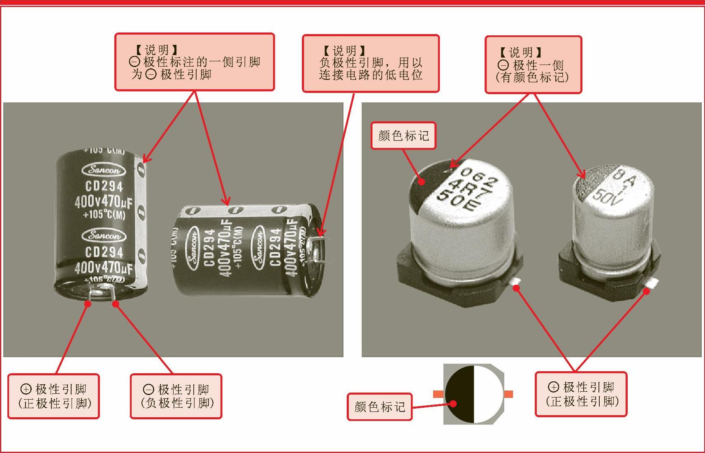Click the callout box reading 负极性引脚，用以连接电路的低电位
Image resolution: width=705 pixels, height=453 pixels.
click(371, 63)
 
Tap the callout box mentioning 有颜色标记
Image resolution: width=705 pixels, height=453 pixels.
click(533, 65)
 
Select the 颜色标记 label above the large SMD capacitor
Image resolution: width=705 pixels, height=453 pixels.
click(403, 135)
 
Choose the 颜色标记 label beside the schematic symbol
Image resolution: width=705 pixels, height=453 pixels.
click(379, 407)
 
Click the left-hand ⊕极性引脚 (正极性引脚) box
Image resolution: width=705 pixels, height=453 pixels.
click(53, 396)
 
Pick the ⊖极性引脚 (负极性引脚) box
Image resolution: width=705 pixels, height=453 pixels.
click(176, 396)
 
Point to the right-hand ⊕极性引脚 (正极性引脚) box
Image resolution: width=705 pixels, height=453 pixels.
click(581, 394)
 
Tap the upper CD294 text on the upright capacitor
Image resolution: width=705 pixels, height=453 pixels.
click(104, 186)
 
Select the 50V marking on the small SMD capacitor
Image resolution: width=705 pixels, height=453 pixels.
click(605, 196)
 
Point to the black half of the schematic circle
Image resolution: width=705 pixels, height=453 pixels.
click(459, 394)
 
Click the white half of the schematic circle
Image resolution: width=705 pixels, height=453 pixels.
click(488, 394)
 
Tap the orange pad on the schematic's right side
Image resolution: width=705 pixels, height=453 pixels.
click(508, 394)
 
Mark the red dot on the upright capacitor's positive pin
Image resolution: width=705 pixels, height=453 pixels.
click(88, 303)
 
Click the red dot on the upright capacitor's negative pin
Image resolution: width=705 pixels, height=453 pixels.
click(116, 304)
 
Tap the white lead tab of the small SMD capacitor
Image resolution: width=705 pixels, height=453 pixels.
click(652, 283)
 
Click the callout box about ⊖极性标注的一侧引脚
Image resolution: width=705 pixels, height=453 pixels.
click(194, 62)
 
